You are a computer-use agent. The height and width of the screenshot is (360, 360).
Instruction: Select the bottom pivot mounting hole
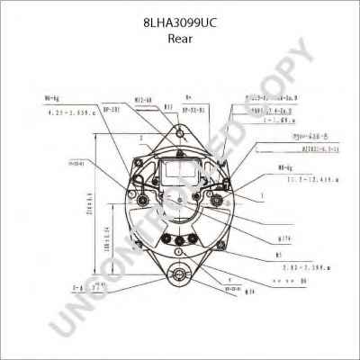pos(180,276)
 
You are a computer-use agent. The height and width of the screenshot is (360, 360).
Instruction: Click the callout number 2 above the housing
pos(142,138)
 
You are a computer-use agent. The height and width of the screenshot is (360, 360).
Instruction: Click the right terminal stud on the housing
pos(238,191)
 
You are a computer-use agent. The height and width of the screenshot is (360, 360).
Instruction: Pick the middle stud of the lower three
pos(181,238)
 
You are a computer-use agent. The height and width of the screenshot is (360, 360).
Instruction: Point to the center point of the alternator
pos(181,207)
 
